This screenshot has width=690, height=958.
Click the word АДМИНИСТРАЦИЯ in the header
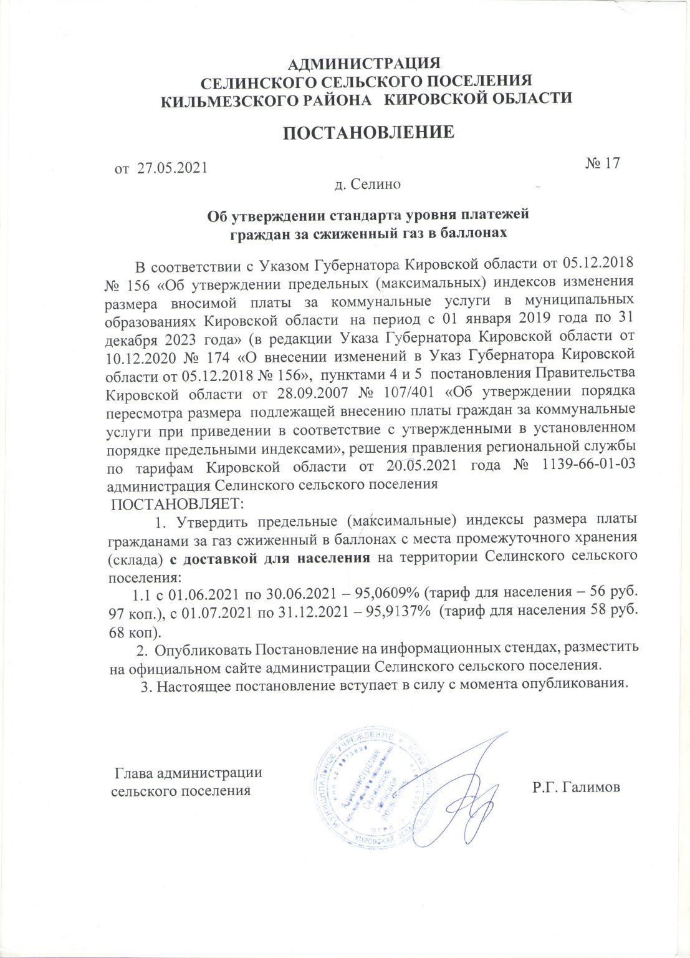(366, 64)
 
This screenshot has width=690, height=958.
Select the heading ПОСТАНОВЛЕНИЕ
(369, 133)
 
